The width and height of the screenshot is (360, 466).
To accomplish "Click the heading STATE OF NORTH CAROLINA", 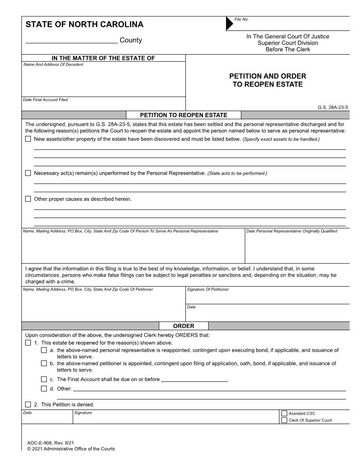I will click(84, 24).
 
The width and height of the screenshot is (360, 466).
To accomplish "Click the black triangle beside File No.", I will click(230, 24).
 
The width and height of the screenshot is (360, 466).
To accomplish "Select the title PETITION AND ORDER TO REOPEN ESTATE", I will click(268, 80).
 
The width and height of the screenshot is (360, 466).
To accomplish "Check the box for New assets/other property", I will click(28, 139).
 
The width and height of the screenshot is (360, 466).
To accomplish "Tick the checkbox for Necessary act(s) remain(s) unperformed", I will click(28, 173).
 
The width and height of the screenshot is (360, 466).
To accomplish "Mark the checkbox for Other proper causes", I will click(28, 199).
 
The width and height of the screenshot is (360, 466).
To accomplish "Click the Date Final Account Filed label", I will click(45, 100).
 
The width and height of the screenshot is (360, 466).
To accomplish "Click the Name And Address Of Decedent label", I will click(53, 65).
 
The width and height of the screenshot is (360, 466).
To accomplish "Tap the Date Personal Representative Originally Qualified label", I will click(292, 231).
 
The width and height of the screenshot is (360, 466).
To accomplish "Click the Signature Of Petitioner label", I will click(208, 289).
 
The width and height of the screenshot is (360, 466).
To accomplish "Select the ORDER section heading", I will click(183, 326).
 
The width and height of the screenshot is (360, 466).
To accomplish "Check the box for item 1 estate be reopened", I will click(28, 343).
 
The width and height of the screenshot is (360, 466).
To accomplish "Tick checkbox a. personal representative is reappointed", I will click(44, 350).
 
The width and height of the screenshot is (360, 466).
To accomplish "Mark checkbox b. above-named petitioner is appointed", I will click(44, 364).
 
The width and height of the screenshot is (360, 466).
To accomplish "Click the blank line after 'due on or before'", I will click(194, 380).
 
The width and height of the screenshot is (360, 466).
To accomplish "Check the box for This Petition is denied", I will click(28, 404).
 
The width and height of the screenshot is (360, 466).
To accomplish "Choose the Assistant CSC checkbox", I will click(284, 413).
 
